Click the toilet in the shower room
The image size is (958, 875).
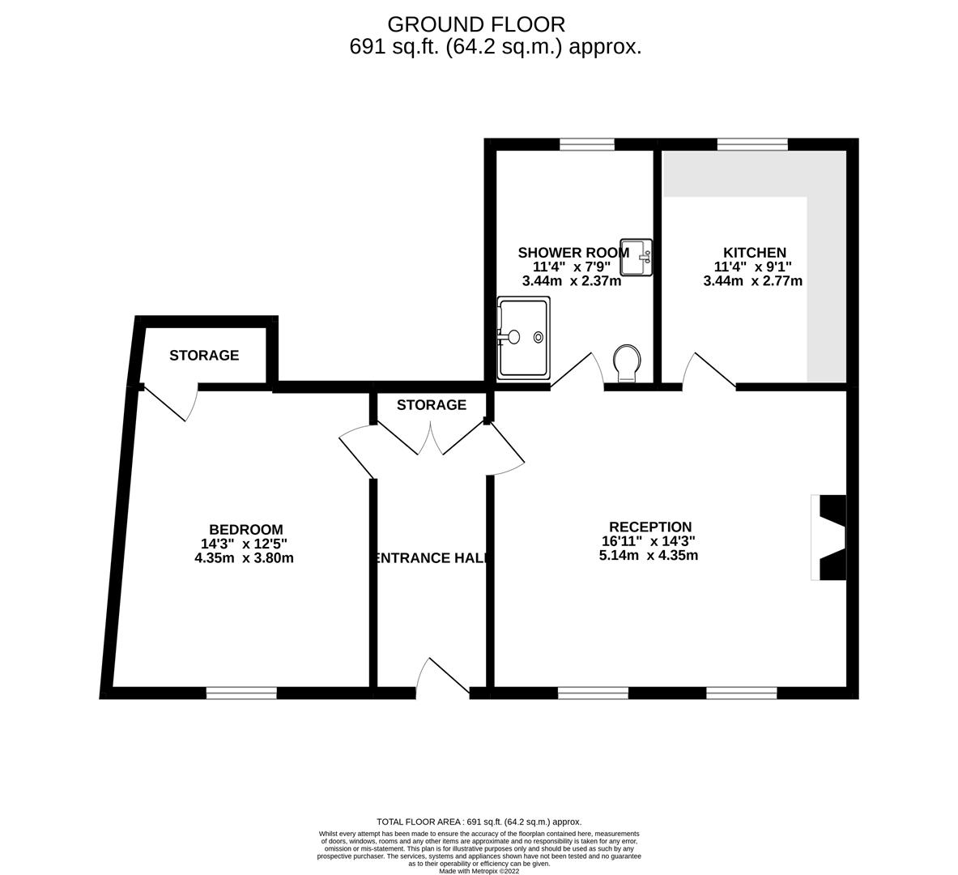pos(627,361)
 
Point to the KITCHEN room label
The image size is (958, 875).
pos(755,253)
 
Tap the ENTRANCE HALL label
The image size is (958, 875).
pos(432,557)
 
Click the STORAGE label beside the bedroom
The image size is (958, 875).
pos(204,355)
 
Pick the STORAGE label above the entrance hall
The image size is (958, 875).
pos(432,404)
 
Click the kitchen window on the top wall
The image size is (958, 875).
pos(752,144)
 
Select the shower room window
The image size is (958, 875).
pos(586,144)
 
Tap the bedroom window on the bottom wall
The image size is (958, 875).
pos(241,693)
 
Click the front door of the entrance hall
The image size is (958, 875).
pos(442,679)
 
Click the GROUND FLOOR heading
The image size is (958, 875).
pos(476,24)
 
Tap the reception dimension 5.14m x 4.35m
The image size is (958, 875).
pos(648,556)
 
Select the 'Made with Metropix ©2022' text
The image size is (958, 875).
pos(479,871)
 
